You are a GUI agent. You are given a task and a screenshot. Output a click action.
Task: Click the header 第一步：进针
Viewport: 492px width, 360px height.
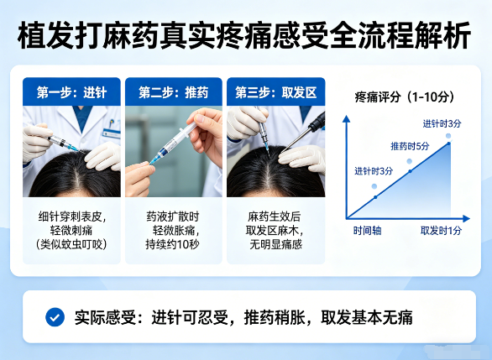coord(71,91)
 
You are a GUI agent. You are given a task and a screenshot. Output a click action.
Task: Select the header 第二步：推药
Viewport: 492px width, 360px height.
coord(173,91)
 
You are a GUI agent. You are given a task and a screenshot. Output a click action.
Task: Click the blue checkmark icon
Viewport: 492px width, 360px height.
coord(55,317)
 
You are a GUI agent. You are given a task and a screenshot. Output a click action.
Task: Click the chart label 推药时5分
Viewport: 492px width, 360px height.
coord(410,146)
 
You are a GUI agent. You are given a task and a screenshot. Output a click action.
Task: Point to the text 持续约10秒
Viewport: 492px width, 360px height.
coord(173,245)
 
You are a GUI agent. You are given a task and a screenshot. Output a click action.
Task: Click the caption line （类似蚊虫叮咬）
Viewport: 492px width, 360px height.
coord(72,245)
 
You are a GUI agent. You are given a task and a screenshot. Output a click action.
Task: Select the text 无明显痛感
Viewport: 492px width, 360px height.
coord(275,245)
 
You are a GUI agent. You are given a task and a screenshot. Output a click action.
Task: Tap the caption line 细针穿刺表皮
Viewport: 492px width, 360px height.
coord(72,215)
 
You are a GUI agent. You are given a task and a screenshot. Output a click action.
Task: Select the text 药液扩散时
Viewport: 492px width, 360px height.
coord(173,215)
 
